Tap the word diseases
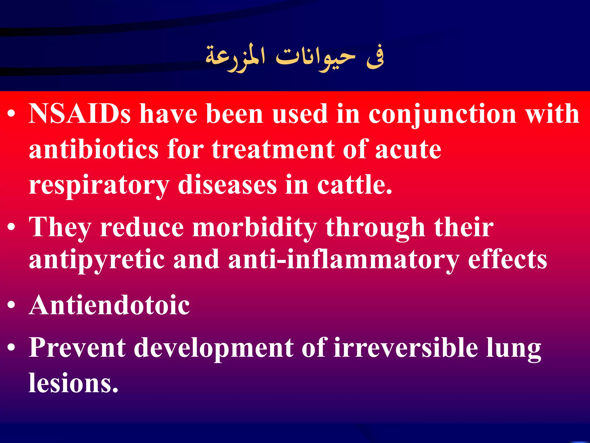click(x=227, y=185)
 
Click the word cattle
click(x=354, y=185)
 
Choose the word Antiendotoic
click(x=109, y=305)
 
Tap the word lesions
click(x=73, y=383)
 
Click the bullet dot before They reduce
click(x=11, y=227)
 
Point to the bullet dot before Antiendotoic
click(x=11, y=305)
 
